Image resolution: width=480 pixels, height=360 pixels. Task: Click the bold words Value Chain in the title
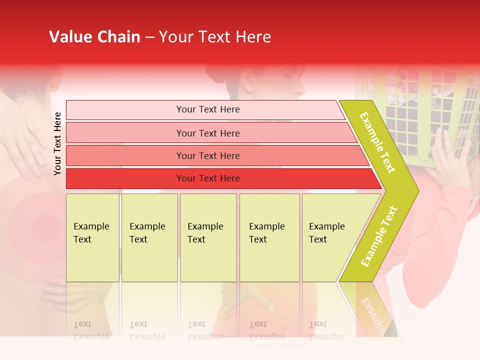coord(94,37)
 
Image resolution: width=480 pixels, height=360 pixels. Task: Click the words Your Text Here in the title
coord(215,37)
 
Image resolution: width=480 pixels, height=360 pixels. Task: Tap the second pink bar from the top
coord(207,133)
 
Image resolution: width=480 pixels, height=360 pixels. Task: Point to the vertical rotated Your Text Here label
coord(57,143)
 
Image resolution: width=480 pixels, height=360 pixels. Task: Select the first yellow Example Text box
coord(92,237)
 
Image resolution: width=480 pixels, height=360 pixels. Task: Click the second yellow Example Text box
coord(149,237)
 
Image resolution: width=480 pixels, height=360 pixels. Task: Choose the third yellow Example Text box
coord(208,237)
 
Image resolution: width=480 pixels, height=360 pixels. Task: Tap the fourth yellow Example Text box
coord(269,237)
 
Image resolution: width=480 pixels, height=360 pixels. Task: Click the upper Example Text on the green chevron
coord(377,142)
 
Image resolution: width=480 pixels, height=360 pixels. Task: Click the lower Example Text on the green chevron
coord(379,236)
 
